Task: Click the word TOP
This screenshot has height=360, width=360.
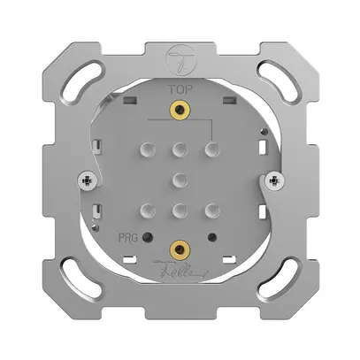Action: click(x=180, y=90)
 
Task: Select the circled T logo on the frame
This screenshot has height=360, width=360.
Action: click(x=180, y=61)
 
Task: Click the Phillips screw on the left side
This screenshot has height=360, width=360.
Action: click(x=87, y=181)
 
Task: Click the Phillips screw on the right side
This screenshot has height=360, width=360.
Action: click(x=273, y=181)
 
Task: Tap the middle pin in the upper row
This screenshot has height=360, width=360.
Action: click(x=180, y=149)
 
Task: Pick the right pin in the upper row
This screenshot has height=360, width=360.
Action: click(x=211, y=149)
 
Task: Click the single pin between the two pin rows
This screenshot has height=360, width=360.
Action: click(x=180, y=179)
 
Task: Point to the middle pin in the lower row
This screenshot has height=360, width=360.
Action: click(x=180, y=210)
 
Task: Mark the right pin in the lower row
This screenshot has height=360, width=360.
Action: click(x=211, y=210)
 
